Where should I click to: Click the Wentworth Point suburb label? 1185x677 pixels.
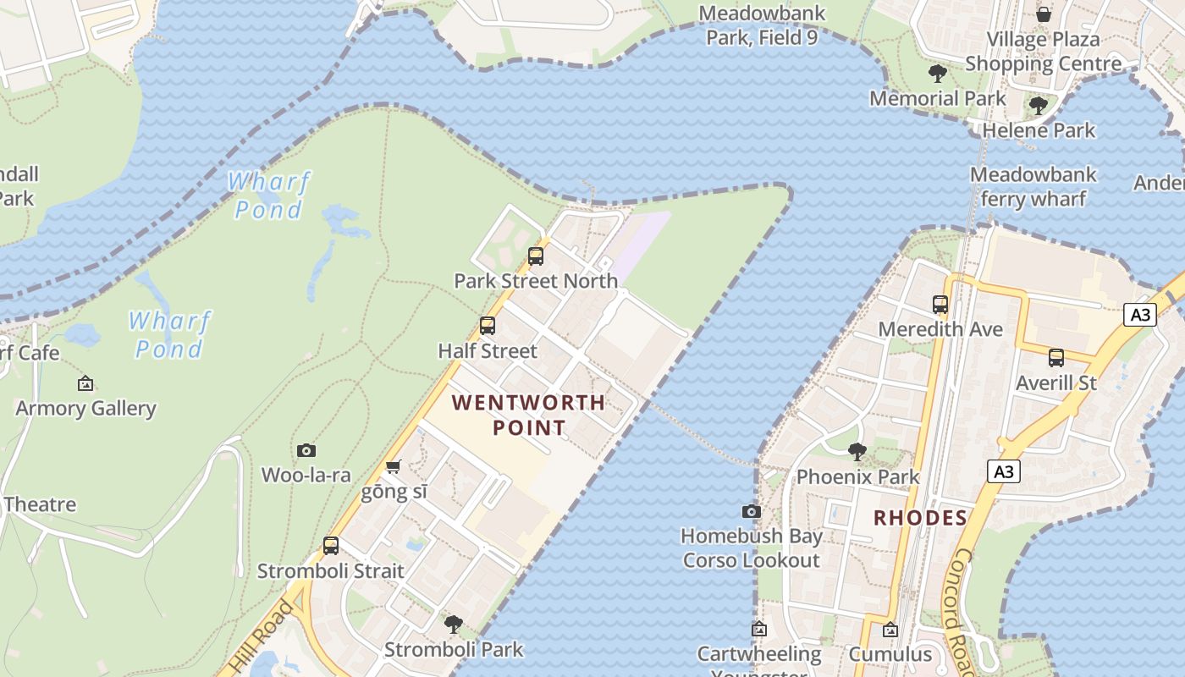(x=529, y=415)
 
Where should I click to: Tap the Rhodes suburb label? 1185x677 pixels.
(x=920, y=518)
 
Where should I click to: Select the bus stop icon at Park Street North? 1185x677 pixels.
(x=535, y=256)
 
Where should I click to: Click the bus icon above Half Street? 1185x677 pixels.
(x=487, y=325)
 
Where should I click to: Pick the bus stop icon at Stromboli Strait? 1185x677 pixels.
(x=331, y=546)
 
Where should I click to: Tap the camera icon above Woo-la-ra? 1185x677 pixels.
(x=306, y=450)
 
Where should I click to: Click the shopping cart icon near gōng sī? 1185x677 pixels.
(x=393, y=466)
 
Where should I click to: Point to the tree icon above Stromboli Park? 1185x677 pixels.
(x=454, y=625)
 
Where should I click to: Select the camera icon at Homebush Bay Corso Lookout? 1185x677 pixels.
(x=751, y=511)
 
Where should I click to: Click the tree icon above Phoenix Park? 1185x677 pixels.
(x=857, y=451)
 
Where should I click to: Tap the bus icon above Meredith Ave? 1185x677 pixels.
(x=940, y=305)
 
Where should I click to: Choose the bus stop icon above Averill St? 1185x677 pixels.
(x=1055, y=358)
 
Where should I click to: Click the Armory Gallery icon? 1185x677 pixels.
(x=85, y=383)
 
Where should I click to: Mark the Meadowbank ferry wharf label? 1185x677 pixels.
(x=1033, y=187)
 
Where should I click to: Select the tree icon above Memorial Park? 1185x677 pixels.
(x=937, y=74)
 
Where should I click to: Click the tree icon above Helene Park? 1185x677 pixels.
(x=1039, y=106)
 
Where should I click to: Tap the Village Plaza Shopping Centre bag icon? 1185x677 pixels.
(x=1044, y=14)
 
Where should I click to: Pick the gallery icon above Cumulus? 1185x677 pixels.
(x=890, y=630)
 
